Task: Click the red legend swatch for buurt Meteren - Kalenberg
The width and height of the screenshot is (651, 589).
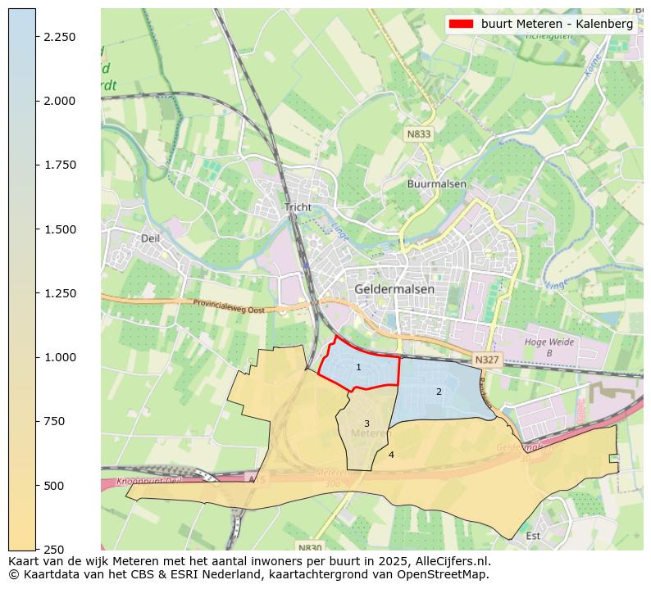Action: [x=462, y=25]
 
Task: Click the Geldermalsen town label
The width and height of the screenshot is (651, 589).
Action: [x=394, y=289]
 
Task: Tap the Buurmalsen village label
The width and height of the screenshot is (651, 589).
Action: [x=436, y=184]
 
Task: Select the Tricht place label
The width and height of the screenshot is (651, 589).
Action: [x=298, y=207]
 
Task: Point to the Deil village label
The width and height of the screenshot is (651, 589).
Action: [x=150, y=238]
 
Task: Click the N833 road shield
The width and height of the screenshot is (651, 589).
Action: [x=418, y=134]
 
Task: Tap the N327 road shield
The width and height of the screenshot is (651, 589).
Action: [x=485, y=360]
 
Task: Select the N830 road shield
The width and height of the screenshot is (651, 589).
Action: [x=309, y=547]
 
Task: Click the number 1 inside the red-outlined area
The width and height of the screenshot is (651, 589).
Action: [x=358, y=367]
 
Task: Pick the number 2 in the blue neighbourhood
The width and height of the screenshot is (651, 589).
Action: [x=439, y=392]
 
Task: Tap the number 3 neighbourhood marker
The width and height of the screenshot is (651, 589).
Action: [x=366, y=424]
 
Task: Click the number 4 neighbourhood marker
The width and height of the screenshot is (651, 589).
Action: [x=391, y=455]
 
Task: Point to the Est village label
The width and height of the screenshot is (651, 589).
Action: [x=533, y=537]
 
